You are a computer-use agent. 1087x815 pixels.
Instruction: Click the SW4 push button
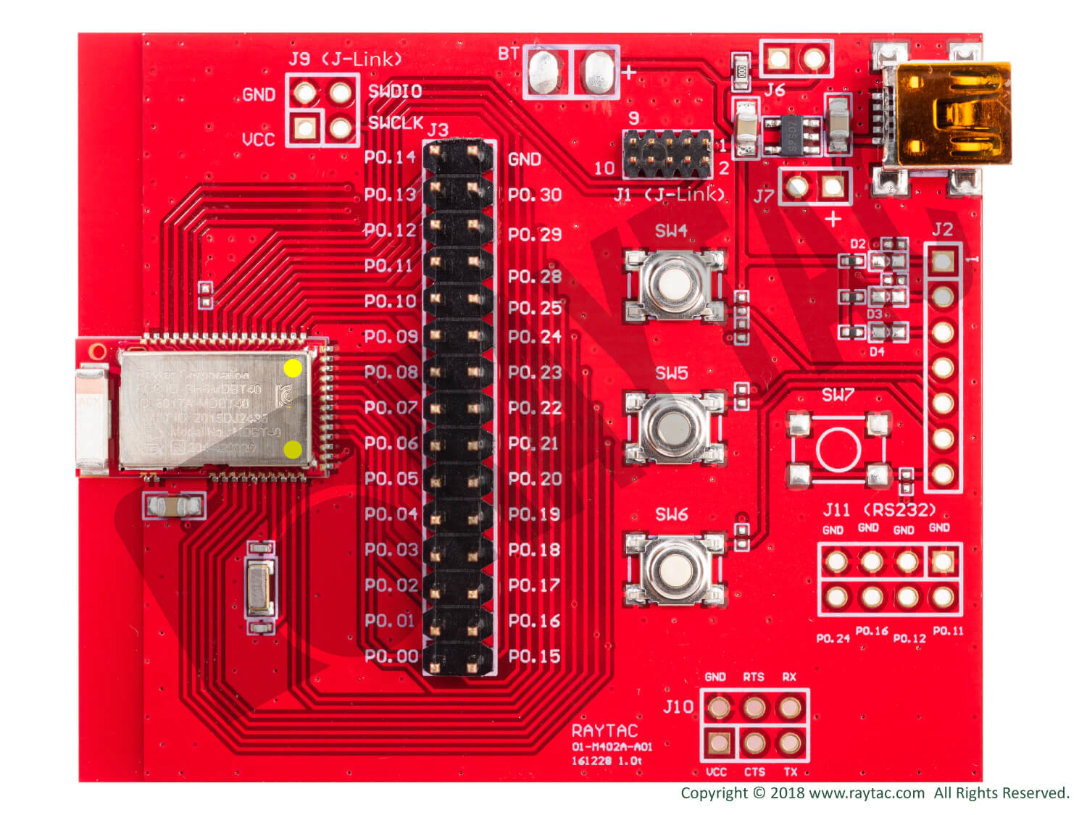675,285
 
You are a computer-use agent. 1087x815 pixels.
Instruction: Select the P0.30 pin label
535,195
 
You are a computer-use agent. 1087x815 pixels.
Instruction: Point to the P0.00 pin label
391,656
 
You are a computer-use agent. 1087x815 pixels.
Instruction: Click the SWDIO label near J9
395,91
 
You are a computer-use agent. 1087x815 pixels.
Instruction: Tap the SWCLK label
395,122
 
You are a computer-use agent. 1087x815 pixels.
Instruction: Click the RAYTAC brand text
604,730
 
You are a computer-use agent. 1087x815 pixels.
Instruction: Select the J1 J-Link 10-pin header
667,154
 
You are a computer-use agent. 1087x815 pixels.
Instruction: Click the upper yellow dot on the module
293,368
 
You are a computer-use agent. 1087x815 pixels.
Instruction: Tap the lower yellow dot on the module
293,450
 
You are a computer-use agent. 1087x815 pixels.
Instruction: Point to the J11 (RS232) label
879,509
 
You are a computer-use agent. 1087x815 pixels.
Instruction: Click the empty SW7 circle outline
838,449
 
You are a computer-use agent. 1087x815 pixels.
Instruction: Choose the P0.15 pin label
535,656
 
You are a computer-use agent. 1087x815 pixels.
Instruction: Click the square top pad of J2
942,261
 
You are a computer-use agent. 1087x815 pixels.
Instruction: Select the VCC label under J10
716,772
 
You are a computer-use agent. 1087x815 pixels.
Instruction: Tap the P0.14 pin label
390,157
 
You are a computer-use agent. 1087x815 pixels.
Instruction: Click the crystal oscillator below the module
260,588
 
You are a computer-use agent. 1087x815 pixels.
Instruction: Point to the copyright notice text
875,793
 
